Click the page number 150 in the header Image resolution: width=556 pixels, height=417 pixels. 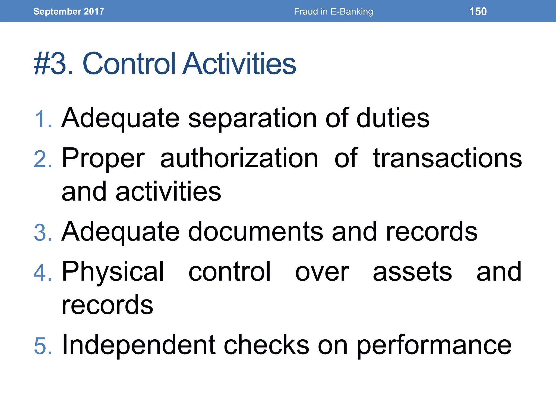(478, 11)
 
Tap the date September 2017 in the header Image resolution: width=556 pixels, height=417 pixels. (69, 11)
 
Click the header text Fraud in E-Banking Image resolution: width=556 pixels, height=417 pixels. (333, 11)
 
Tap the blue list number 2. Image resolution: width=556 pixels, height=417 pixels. (43, 159)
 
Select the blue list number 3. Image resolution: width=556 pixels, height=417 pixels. (43, 232)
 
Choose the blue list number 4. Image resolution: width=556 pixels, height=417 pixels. (43, 273)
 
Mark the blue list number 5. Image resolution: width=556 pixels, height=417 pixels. (43, 346)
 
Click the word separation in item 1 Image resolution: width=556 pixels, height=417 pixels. (252, 118)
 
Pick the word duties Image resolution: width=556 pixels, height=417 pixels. (393, 118)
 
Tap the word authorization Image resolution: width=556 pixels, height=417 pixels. (239, 158)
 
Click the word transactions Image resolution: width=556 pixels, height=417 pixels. (447, 158)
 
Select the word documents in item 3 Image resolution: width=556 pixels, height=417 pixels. (255, 231)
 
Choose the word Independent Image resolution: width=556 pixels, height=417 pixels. (139, 345)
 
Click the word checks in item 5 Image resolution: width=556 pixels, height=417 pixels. (266, 345)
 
